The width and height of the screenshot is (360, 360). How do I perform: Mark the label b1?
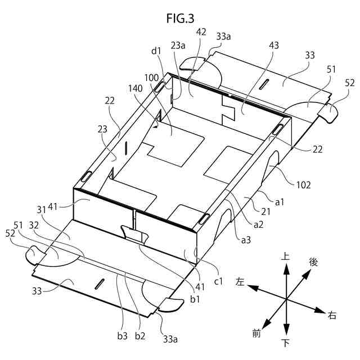pyautogui.click(x=195, y=299)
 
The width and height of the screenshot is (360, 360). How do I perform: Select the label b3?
pyautogui.click(x=122, y=336)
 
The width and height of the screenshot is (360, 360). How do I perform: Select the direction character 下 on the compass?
pyautogui.click(x=286, y=343)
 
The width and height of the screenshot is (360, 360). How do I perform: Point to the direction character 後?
pyautogui.click(x=313, y=262)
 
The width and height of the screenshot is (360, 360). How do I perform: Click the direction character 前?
pyautogui.click(x=256, y=335)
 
